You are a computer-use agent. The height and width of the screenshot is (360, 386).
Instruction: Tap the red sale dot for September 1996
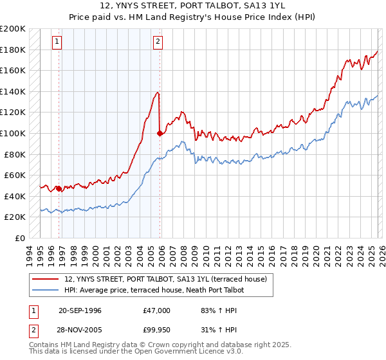coord(59,188)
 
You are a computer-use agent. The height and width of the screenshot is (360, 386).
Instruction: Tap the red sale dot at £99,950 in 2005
coord(160,134)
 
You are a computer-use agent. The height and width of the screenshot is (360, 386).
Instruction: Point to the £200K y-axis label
coord(13,29)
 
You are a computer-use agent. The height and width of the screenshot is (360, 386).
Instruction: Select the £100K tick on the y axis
coord(13,133)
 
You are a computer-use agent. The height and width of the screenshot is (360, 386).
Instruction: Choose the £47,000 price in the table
coord(157,310)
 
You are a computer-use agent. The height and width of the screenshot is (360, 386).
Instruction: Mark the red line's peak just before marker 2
coord(158,93)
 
